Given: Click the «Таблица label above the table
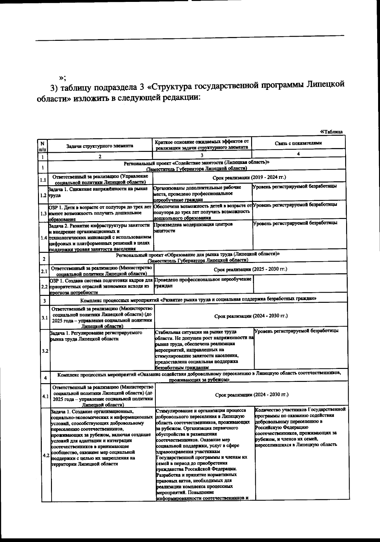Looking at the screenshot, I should [332, 132].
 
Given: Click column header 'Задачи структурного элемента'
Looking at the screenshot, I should [100, 146].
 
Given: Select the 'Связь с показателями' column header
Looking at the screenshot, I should [298, 143].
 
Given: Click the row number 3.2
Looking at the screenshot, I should [45, 351].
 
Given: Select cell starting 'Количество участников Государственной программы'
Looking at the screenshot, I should [300, 427].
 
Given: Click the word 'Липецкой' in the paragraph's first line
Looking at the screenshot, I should [326, 87].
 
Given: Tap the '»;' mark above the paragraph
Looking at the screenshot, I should [62, 78].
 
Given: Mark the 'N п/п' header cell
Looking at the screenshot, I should [42, 146].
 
